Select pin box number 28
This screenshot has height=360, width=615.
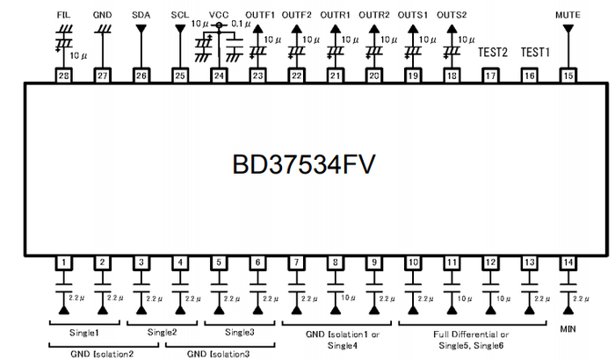click(63, 76)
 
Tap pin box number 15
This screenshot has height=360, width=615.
click(568, 76)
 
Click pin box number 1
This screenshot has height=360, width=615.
click(63, 262)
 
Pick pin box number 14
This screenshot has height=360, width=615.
click(568, 262)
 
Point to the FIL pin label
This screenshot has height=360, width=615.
click(63, 15)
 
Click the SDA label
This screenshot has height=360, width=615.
click(141, 15)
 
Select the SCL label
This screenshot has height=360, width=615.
click(180, 15)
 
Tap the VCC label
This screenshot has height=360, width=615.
click(220, 15)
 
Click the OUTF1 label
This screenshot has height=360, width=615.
click(260, 15)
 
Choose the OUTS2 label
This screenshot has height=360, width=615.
click(452, 15)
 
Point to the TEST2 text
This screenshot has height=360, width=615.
click(493, 52)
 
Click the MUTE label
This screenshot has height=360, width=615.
click(568, 15)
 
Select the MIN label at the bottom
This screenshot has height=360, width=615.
click(568, 329)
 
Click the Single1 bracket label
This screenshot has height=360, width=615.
click(83, 332)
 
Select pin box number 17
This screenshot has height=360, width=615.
click(490, 76)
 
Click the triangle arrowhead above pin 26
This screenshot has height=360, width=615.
click(141, 28)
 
